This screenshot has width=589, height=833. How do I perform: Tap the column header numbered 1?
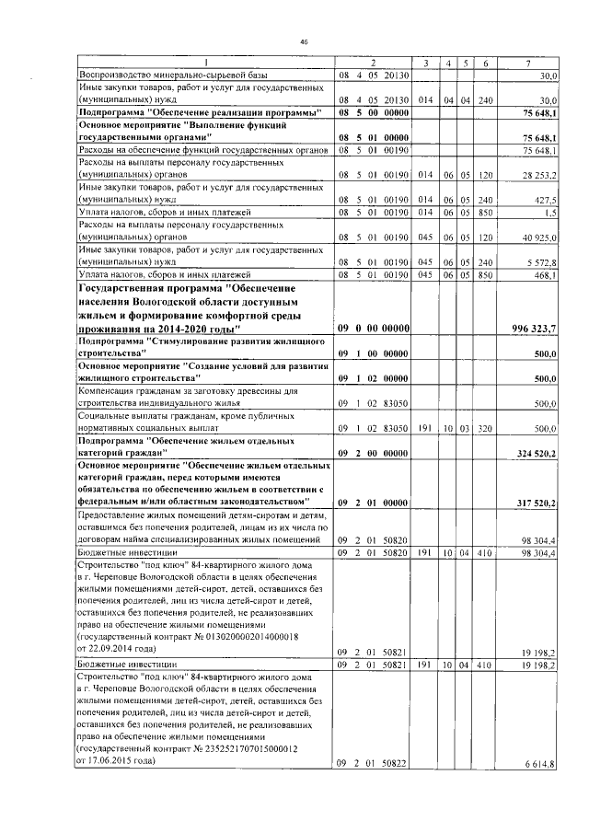[201, 62]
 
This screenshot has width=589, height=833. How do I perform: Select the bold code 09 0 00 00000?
[373, 329]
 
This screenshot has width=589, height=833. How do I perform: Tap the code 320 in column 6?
[486, 429]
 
